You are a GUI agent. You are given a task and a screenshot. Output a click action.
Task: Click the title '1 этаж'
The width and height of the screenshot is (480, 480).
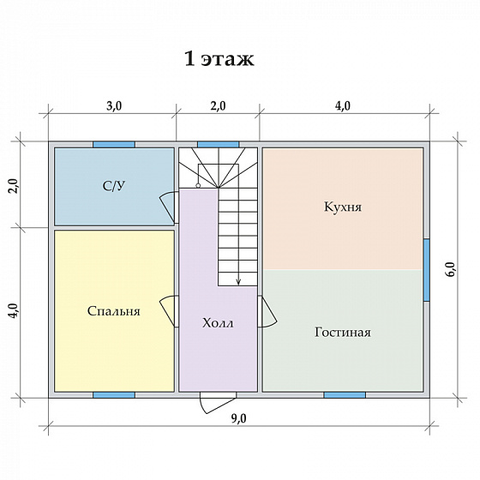(x=219, y=59)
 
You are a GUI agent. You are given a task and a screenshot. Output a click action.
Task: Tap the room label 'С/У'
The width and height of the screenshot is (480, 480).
(x=114, y=186)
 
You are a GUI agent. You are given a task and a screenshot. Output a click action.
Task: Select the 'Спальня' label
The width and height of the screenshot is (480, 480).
(x=113, y=311)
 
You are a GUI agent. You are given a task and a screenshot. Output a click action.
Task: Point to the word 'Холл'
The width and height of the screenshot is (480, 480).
(x=218, y=323)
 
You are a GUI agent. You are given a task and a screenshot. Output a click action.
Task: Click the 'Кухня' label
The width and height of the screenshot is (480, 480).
(x=343, y=207)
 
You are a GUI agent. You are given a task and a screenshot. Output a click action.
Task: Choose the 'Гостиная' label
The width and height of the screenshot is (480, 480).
(x=343, y=333)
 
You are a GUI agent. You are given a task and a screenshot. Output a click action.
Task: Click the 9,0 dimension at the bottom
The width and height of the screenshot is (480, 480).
(x=238, y=419)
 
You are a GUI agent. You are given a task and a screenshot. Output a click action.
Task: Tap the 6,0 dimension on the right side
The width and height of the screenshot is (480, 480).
(x=452, y=270)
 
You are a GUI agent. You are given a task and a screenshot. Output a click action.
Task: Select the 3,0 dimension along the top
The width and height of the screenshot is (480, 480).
(x=114, y=106)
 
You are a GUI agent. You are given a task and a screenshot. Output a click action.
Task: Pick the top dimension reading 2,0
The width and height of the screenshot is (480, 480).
(x=219, y=106)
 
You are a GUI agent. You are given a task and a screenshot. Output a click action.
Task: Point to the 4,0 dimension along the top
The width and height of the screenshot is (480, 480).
(x=343, y=106)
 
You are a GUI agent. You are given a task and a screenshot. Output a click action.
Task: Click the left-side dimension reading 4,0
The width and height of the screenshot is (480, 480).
(x=14, y=311)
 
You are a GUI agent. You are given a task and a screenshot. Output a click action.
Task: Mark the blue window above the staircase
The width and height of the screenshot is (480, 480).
(x=218, y=145)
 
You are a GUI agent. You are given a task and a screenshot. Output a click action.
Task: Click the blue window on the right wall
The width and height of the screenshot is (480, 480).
(x=427, y=270)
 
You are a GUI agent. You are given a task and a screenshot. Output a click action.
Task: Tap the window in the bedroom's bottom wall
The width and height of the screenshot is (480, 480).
(x=114, y=395)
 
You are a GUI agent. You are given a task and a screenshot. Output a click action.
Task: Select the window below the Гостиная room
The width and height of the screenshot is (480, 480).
(x=345, y=395)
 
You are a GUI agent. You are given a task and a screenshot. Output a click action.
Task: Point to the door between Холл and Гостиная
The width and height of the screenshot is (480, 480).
(x=267, y=311)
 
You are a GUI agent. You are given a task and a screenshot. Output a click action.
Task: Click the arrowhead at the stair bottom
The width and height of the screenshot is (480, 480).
(x=239, y=283)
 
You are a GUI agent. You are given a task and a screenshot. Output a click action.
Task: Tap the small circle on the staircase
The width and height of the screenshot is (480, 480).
(x=198, y=185)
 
